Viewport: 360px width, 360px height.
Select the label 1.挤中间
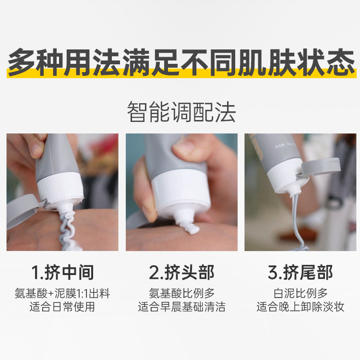click(62, 273)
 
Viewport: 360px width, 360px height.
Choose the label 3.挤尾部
click(300, 273)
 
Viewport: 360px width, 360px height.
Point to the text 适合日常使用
click(62, 307)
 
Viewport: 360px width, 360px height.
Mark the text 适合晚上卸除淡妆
click(300, 307)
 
